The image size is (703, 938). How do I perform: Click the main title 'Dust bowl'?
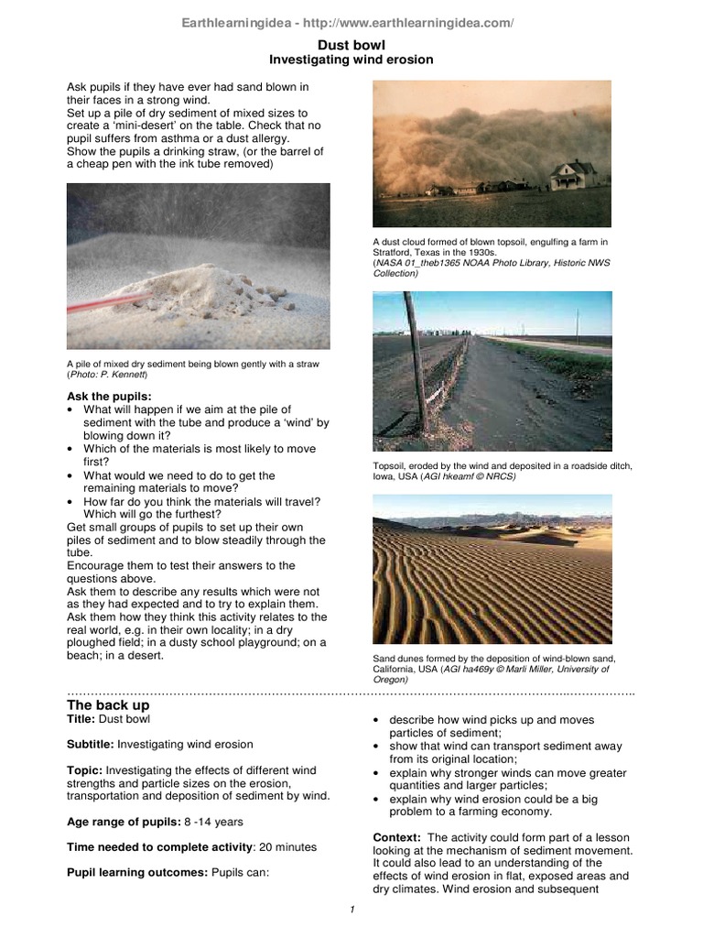click(351, 44)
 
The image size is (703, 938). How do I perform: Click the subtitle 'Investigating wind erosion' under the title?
click(351, 60)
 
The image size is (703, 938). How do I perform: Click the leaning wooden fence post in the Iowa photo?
click(416, 366)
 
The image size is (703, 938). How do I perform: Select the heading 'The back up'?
click(108, 705)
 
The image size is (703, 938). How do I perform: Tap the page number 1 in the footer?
click(351, 909)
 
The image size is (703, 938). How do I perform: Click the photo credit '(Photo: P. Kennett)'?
click(107, 376)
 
